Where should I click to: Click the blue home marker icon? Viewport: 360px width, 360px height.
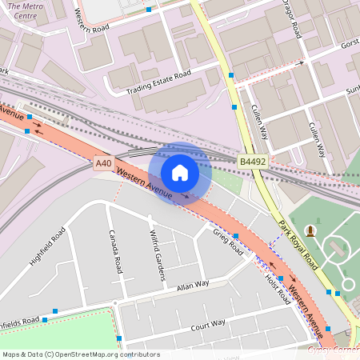[x=180, y=173]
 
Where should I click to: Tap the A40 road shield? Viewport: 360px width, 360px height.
[x=103, y=163]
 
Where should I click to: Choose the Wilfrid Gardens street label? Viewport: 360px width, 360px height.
[x=156, y=255]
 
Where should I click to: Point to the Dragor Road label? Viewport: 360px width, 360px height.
[x=290, y=18]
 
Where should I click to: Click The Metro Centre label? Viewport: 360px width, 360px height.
[x=22, y=11]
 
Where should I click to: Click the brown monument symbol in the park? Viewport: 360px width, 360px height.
[x=310, y=231]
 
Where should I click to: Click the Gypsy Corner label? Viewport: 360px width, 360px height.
[x=334, y=350]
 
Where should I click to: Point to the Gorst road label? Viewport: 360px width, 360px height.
[x=350, y=42]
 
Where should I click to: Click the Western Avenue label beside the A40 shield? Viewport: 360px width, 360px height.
[x=143, y=182]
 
